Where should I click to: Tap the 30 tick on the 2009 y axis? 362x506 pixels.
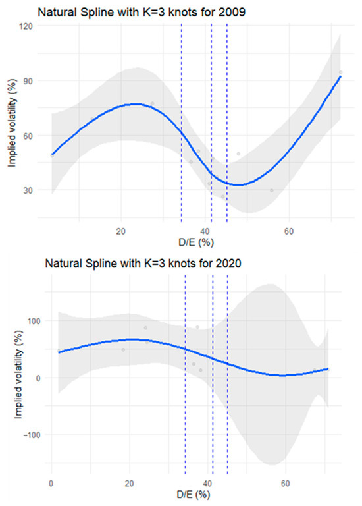[x=30, y=190]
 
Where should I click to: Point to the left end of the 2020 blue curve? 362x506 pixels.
[x=58, y=352]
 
